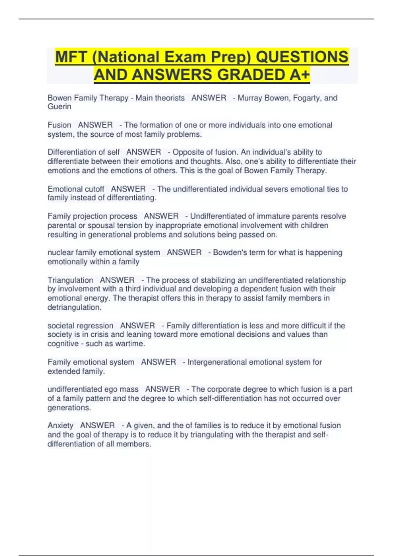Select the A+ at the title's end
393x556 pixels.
(300, 75)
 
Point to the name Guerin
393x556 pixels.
(59, 107)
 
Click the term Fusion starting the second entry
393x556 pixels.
(59, 125)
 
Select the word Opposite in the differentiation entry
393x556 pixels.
(187, 152)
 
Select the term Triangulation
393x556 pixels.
(70, 280)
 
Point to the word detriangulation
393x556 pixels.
(74, 307)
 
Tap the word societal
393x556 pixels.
(59, 326)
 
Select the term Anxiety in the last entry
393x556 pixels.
(60, 426)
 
